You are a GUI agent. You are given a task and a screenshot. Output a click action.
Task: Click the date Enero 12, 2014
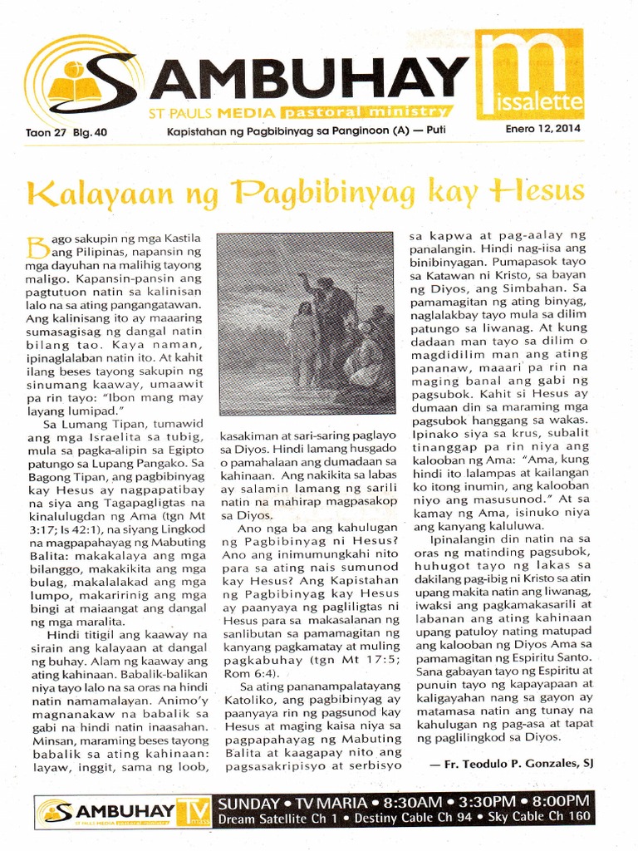[x=542, y=130]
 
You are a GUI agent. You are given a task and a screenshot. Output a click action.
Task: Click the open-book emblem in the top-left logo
[x=70, y=81]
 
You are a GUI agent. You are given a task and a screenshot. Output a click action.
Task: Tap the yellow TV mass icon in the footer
[x=195, y=810]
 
